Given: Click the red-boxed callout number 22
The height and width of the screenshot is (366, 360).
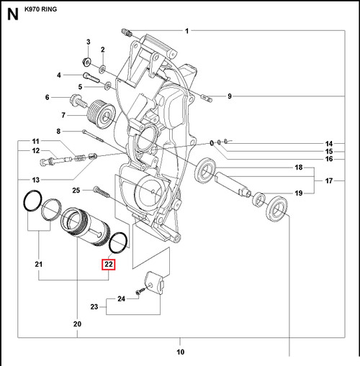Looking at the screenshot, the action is click(x=109, y=265).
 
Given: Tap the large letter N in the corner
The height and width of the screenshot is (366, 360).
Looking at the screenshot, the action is click(x=13, y=14).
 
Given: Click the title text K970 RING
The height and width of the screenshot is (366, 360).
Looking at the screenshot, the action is click(x=40, y=9).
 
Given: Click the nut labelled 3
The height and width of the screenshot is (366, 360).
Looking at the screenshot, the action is click(x=86, y=62).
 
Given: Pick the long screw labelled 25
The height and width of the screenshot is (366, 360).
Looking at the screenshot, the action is click(x=102, y=193).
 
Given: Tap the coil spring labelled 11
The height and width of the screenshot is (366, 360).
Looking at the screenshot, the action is click(x=80, y=158).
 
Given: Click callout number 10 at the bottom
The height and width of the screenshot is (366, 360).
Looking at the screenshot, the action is click(x=181, y=352).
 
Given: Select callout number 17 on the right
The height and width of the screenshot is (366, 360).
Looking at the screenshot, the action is click(x=329, y=180).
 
